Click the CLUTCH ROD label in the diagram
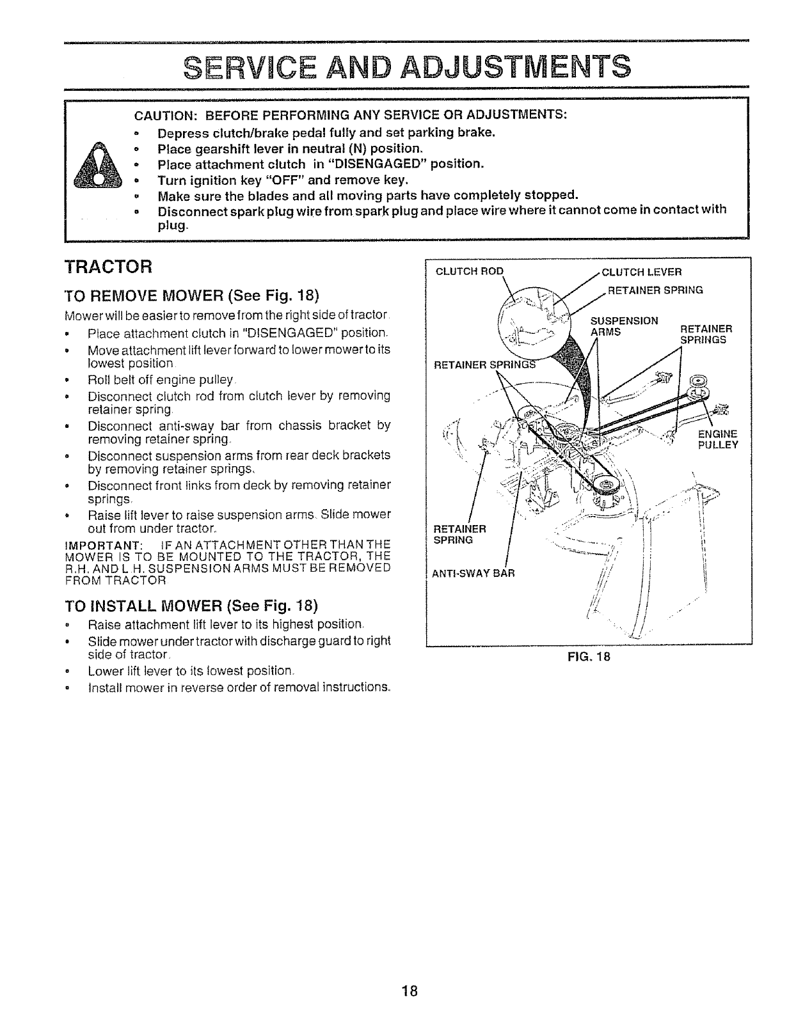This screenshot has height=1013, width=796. tap(470, 271)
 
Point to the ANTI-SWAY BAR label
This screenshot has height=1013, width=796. tap(474, 574)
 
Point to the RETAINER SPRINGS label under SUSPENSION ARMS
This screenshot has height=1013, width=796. tap(703, 334)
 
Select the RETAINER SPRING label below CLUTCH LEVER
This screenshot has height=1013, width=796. tap(655, 290)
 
